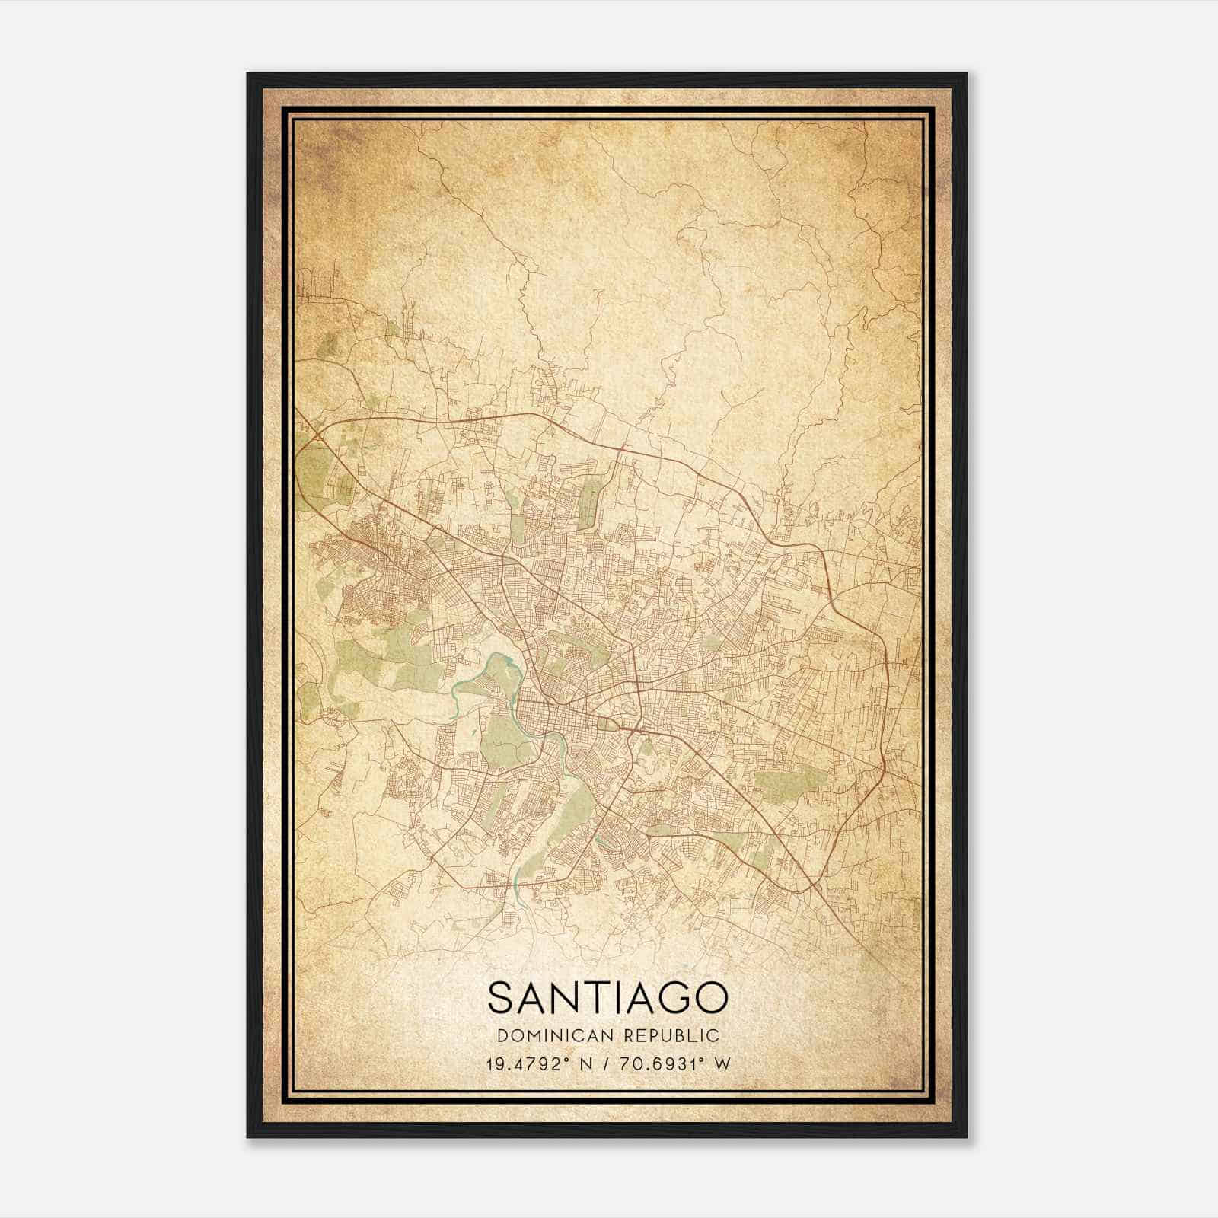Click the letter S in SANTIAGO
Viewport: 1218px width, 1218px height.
503,998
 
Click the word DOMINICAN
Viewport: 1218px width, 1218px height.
556,1035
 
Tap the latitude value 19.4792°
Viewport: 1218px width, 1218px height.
526,1063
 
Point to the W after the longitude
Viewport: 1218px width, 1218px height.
723,1063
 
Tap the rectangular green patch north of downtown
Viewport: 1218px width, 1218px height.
590,502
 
